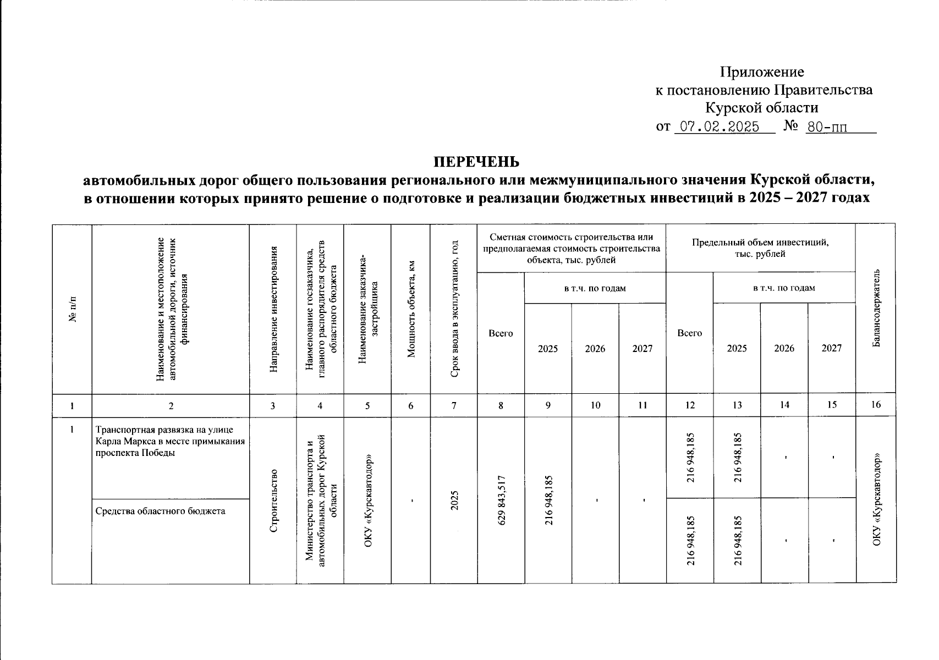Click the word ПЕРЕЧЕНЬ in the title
pyautogui.click(x=476, y=162)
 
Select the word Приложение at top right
pyautogui.click(x=762, y=72)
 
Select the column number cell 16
pyautogui.click(x=876, y=405)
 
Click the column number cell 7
pyautogui.click(x=454, y=405)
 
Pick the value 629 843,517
pyautogui.click(x=501, y=499)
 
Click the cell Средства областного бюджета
pyautogui.click(x=161, y=511)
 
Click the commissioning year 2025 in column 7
pyautogui.click(x=454, y=500)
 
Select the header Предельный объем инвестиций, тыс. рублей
pyautogui.click(x=760, y=248)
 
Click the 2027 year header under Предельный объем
pyautogui.click(x=832, y=348)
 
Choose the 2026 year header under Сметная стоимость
pyautogui.click(x=595, y=349)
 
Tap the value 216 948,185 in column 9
pyautogui.click(x=548, y=499)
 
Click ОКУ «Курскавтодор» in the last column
pyautogui.click(x=876, y=499)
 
